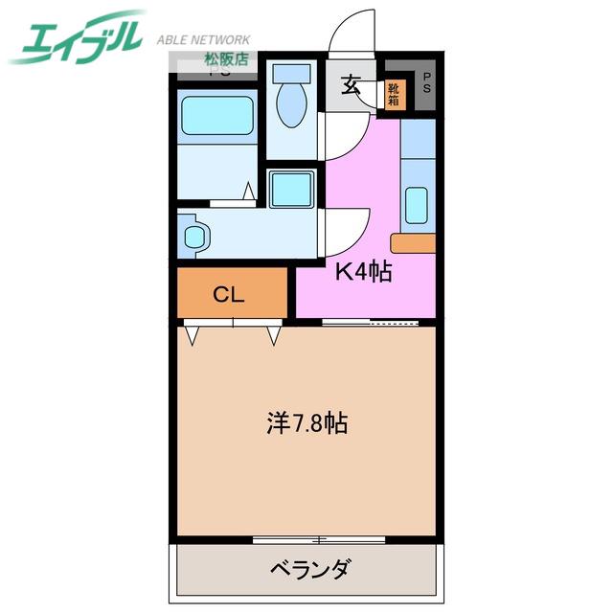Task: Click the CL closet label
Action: point(229,294)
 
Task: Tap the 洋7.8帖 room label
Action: point(307,423)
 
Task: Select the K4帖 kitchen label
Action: point(364,271)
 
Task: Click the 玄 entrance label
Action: point(351,85)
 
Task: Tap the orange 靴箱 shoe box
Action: point(395,95)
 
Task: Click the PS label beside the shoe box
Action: point(426,83)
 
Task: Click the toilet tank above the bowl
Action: point(291,73)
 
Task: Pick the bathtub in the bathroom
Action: point(217,116)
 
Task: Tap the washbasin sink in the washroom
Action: point(194,237)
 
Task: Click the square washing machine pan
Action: point(291,190)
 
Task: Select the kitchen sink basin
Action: point(418,205)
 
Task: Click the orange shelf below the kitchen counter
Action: point(413,243)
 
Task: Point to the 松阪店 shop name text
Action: point(227,59)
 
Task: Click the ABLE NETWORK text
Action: point(203,39)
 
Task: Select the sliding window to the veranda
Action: point(319,540)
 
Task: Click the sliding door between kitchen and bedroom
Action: point(371,323)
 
